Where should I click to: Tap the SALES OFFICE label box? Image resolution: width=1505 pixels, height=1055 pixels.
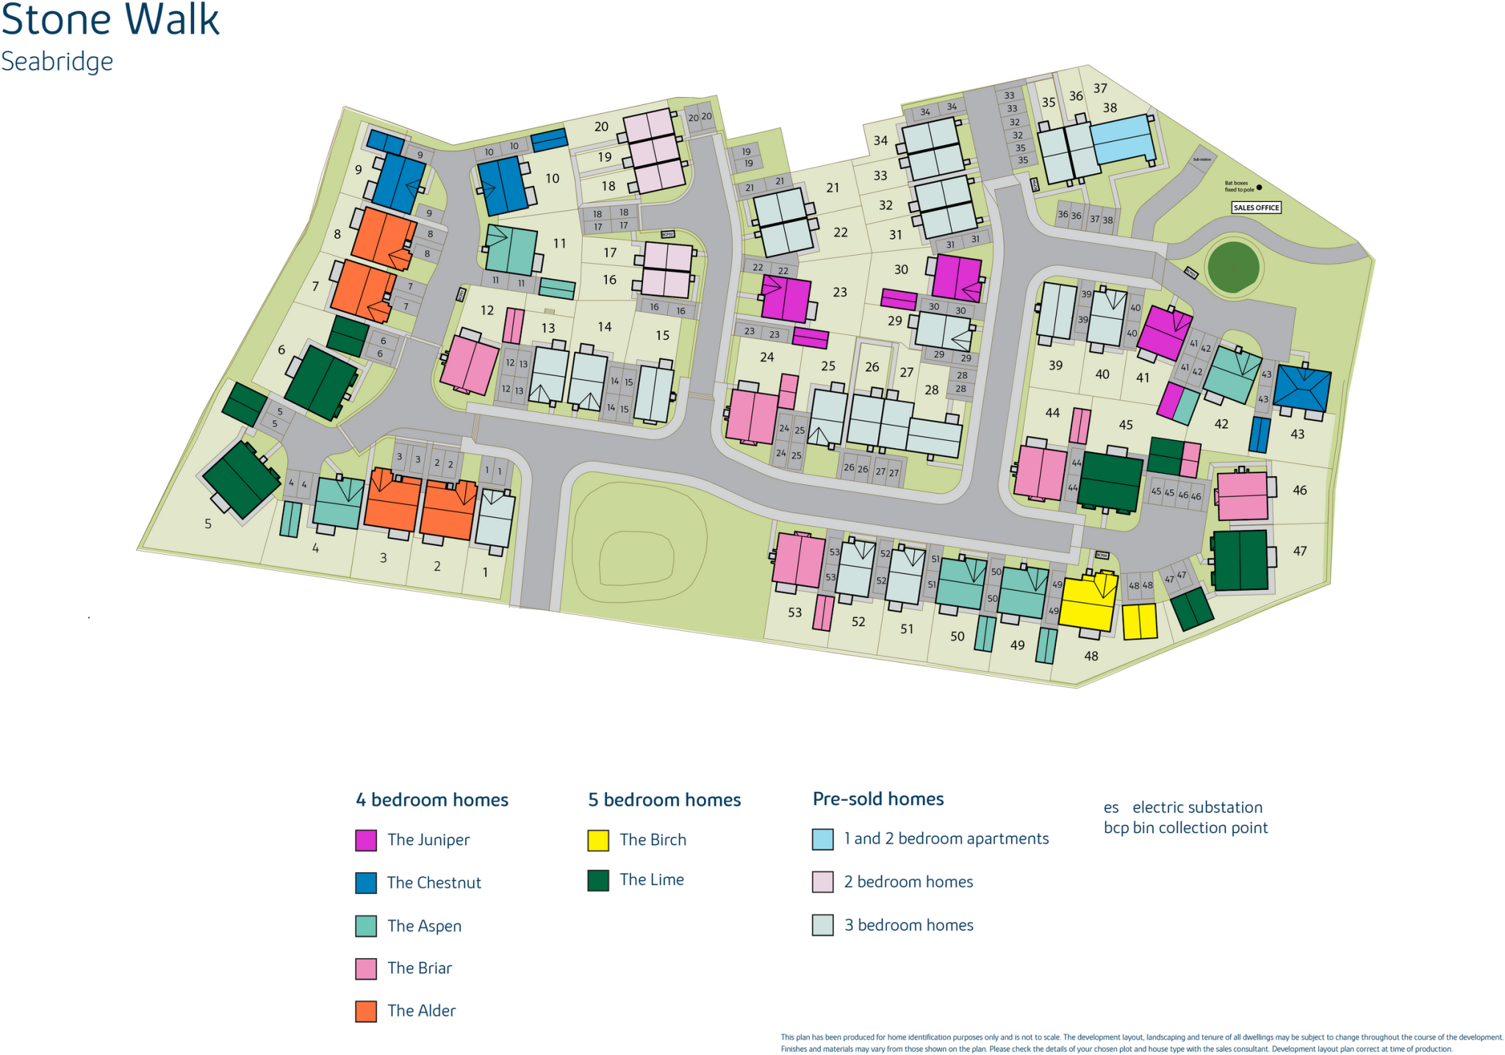click(x=1256, y=208)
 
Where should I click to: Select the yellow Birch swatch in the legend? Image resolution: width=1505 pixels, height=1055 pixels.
click(x=598, y=840)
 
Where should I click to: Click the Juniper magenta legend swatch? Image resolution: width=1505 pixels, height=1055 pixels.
click(x=366, y=840)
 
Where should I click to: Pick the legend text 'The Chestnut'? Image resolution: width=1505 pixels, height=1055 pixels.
click(x=434, y=883)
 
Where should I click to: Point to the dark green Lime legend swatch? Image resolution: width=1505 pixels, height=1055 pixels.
click(x=598, y=880)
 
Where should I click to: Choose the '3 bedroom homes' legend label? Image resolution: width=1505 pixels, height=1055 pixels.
click(x=908, y=925)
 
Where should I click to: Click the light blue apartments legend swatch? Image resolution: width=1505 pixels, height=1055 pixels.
click(x=823, y=839)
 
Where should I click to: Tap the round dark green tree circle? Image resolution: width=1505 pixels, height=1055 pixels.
click(x=1234, y=266)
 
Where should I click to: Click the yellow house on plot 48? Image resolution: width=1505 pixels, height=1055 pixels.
click(x=1088, y=602)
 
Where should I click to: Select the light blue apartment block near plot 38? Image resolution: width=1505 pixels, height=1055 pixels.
click(x=1122, y=140)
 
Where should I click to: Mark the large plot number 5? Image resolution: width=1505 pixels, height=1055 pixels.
click(x=208, y=524)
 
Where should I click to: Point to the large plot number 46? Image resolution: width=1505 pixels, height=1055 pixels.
click(x=1300, y=490)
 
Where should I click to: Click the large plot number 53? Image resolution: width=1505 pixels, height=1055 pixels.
click(x=795, y=612)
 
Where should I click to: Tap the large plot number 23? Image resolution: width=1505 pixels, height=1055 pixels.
click(x=840, y=292)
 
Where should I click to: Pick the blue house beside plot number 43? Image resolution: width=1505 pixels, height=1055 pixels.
click(x=1301, y=388)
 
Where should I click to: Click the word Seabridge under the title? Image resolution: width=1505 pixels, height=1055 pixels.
click(x=57, y=62)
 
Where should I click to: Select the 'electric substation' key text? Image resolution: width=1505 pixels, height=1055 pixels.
click(x=1197, y=807)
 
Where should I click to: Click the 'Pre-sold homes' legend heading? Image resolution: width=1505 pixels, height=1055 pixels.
click(x=878, y=799)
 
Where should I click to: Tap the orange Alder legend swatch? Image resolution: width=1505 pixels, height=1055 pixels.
click(x=366, y=1011)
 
